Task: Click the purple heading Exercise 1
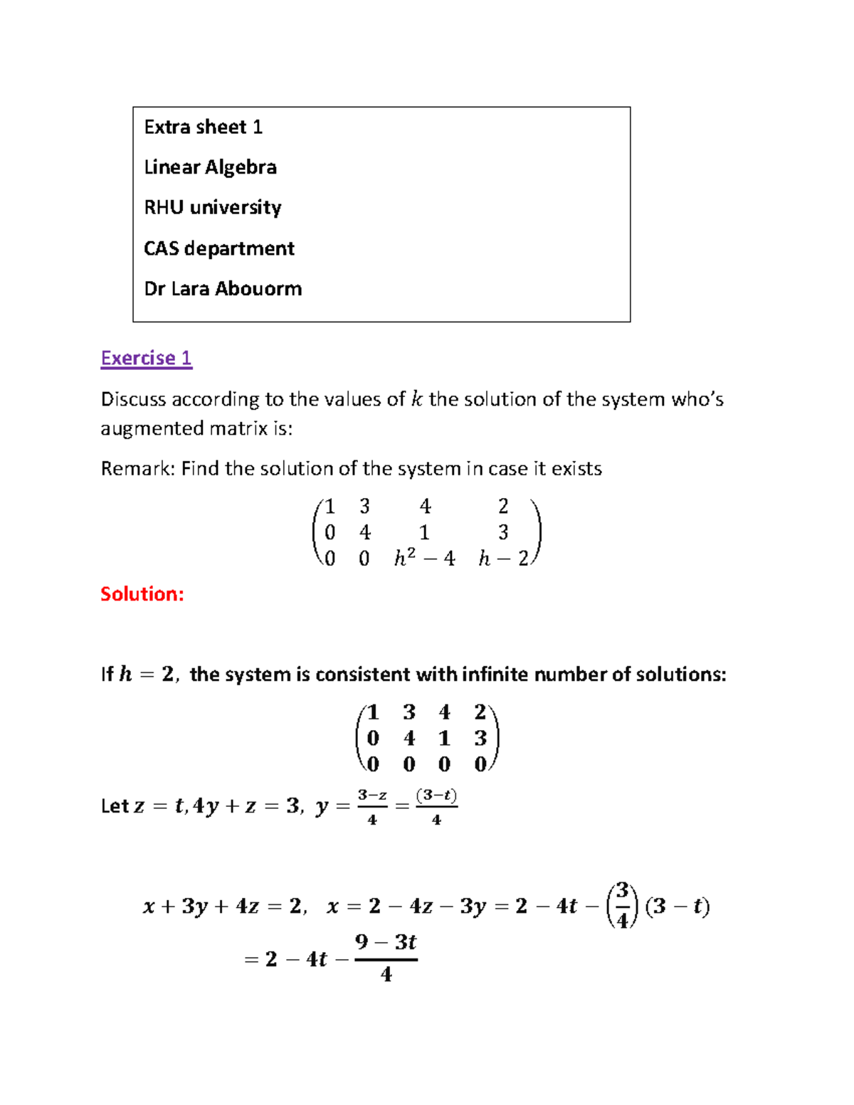point(146,358)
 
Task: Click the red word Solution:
point(142,594)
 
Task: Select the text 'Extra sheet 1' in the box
point(204,127)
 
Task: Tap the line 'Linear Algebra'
point(210,167)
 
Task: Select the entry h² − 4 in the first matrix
point(424,559)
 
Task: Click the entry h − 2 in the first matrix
point(503,559)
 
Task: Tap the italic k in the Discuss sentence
point(416,399)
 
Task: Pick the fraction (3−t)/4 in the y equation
point(436,807)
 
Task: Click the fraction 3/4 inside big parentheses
point(623,906)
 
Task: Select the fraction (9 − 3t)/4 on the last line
point(386,958)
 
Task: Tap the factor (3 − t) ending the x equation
point(677,906)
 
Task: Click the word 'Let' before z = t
point(115,806)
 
